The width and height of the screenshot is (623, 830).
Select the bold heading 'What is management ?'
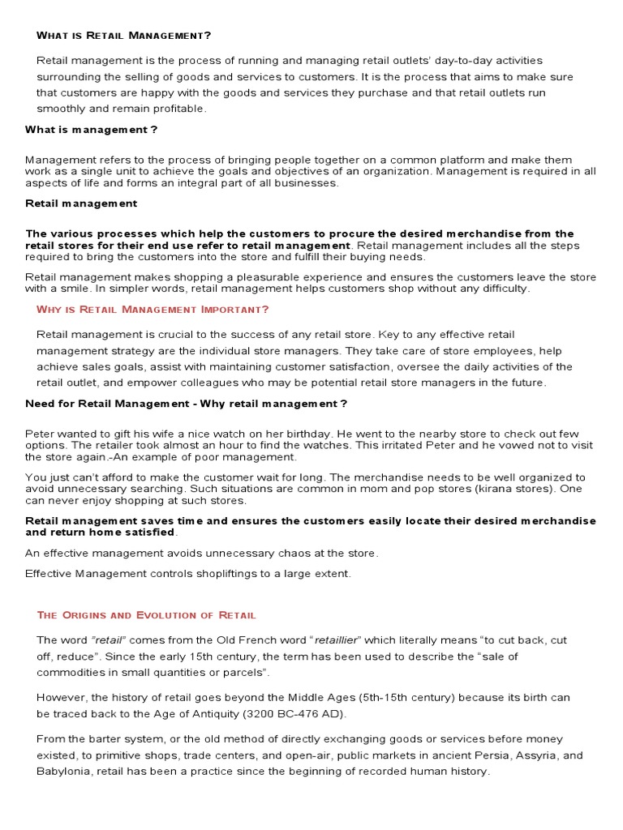click(x=91, y=130)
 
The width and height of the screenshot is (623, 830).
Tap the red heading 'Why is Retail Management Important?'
click(x=153, y=309)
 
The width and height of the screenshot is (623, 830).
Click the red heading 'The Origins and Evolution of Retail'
click(x=146, y=615)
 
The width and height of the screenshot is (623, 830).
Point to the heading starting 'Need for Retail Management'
click(x=186, y=404)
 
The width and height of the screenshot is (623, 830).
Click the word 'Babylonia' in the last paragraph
click(x=63, y=772)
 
